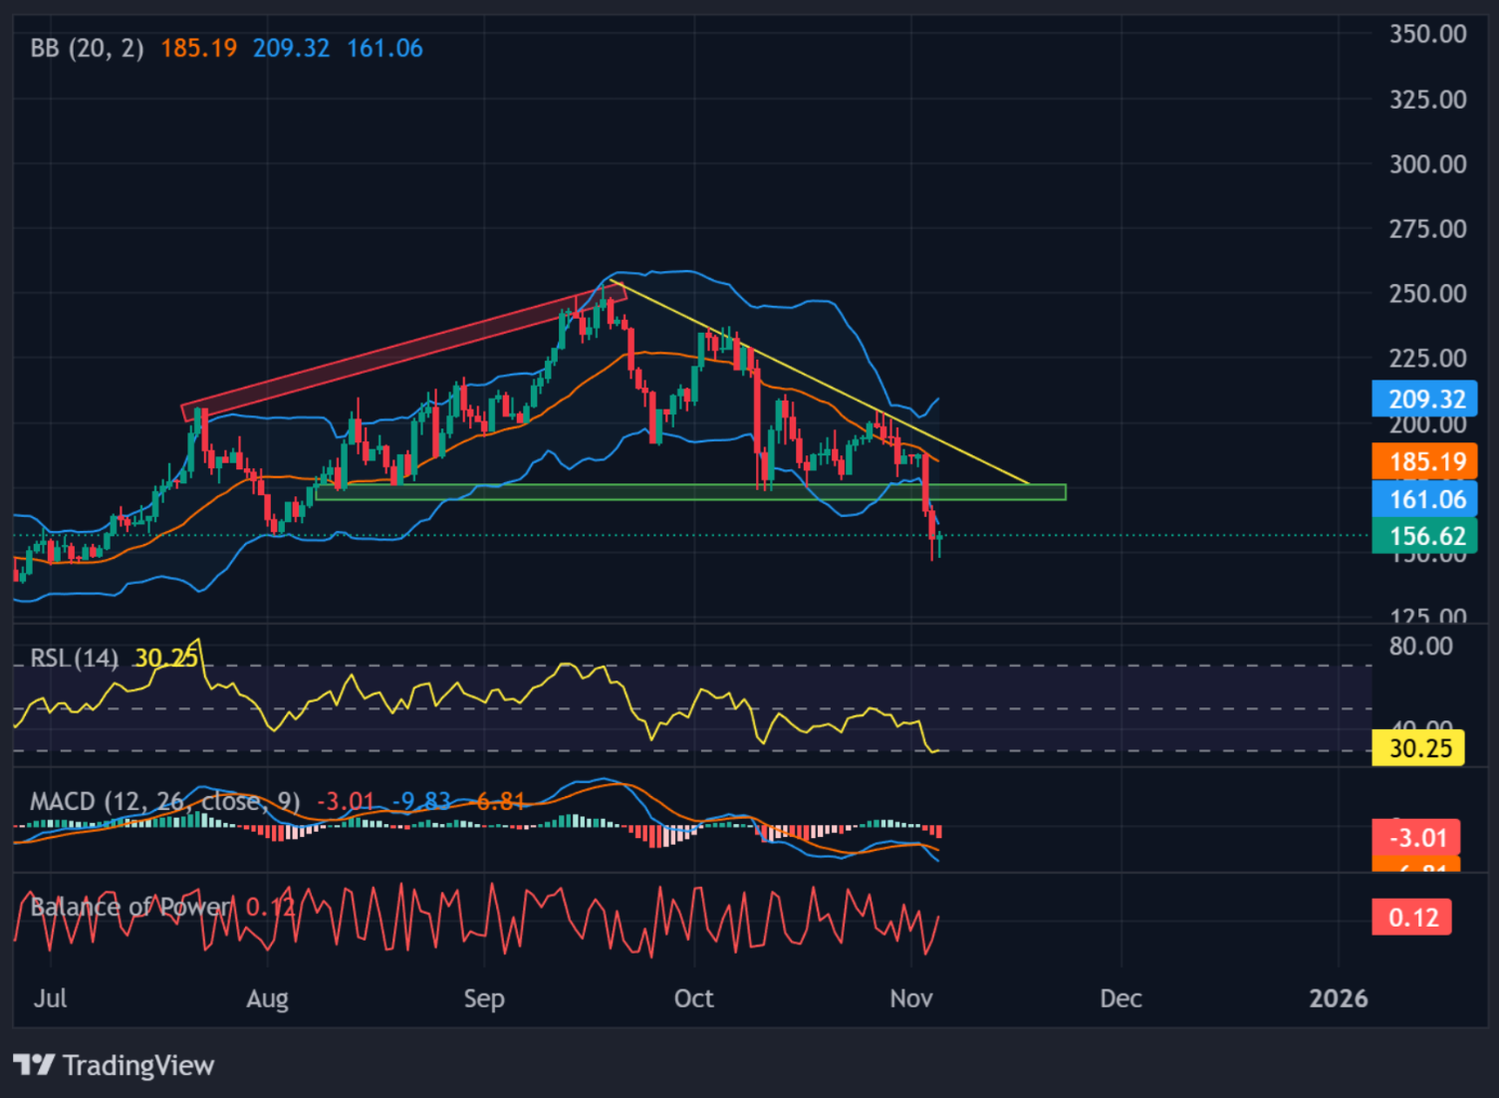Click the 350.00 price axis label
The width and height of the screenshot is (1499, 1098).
pyautogui.click(x=1427, y=34)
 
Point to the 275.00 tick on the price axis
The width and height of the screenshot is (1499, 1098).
pyautogui.click(x=1427, y=229)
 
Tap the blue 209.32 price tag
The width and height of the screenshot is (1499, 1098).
pyautogui.click(x=1425, y=399)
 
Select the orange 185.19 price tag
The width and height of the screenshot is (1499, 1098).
pyautogui.click(x=1425, y=461)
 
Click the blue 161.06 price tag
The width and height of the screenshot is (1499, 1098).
pyautogui.click(x=1425, y=499)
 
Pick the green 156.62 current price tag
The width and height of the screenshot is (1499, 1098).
pyautogui.click(x=1425, y=536)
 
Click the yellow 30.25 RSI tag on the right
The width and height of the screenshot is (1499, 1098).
pyautogui.click(x=1418, y=747)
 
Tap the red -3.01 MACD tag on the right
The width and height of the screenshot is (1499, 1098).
pyautogui.click(x=1415, y=837)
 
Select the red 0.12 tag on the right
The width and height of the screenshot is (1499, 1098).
pyautogui.click(x=1412, y=917)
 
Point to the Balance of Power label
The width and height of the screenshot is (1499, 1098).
pyautogui.click(x=129, y=907)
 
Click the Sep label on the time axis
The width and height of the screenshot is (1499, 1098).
pyautogui.click(x=484, y=998)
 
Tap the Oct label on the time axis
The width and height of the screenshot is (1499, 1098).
pyautogui.click(x=693, y=998)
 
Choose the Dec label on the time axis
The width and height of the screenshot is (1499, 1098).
pyautogui.click(x=1121, y=998)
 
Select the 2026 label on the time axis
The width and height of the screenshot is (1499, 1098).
pyautogui.click(x=1338, y=998)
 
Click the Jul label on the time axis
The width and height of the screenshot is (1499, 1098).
pyautogui.click(x=50, y=998)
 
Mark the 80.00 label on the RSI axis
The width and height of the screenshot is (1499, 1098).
pyautogui.click(x=1420, y=646)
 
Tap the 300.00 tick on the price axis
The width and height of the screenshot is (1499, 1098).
pyautogui.click(x=1427, y=164)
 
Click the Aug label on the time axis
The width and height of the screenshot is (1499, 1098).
pyautogui.click(x=267, y=998)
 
